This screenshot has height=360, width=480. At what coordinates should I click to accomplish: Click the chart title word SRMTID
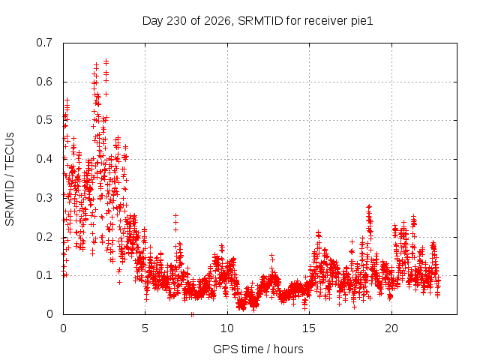pos(260,21)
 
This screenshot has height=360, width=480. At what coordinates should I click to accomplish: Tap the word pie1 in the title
pos(361,21)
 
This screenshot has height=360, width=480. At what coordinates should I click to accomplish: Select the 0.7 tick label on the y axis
pos(44,43)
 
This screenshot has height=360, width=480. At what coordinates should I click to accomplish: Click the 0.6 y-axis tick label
pos(44,82)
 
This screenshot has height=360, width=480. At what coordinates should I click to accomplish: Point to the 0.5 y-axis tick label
pos(44,120)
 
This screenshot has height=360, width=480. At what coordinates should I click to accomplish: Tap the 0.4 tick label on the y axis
pos(44,159)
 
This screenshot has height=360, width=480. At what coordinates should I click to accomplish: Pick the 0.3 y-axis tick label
pos(44,198)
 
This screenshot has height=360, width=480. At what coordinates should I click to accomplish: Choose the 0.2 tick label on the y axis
pos(44,237)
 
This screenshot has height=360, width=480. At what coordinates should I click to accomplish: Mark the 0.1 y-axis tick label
pos(44,275)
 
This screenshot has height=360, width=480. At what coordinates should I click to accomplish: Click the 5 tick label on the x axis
pos(145,328)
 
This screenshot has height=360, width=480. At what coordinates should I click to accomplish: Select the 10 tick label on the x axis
pos(226,328)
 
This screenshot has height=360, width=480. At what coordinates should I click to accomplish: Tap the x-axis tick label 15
pos(309,328)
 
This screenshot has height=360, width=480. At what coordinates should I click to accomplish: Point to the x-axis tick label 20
pos(391,328)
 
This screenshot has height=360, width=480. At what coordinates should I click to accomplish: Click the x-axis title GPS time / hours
pos(258,349)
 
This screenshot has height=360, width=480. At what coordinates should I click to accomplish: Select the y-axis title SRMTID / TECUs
pos(10,179)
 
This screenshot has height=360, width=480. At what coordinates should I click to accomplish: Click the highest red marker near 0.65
pos(106,61)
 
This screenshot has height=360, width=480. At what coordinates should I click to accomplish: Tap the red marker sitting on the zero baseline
pos(192,314)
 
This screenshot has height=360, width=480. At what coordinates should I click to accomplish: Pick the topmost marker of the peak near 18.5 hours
pos(369,207)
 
